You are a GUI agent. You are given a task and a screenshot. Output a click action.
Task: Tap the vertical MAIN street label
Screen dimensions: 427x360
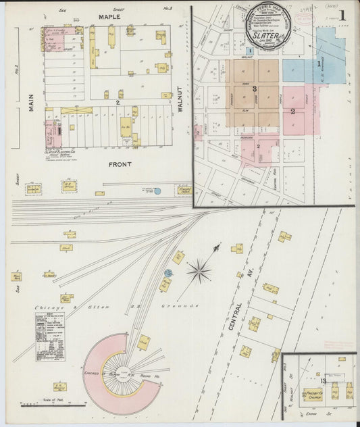[32, 102]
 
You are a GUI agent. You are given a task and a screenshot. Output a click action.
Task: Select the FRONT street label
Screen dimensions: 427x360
[119, 164]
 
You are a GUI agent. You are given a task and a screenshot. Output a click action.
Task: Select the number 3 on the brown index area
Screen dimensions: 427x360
[255, 89]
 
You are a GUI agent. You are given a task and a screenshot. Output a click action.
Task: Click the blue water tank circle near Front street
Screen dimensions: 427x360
[157, 191]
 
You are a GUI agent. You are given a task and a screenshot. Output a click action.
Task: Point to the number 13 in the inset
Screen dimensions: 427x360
[324, 382]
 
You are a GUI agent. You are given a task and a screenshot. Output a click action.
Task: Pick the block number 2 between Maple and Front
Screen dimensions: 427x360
[118, 102]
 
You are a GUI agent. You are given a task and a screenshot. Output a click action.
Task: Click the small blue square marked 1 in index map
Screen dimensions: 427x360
[250, 50]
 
